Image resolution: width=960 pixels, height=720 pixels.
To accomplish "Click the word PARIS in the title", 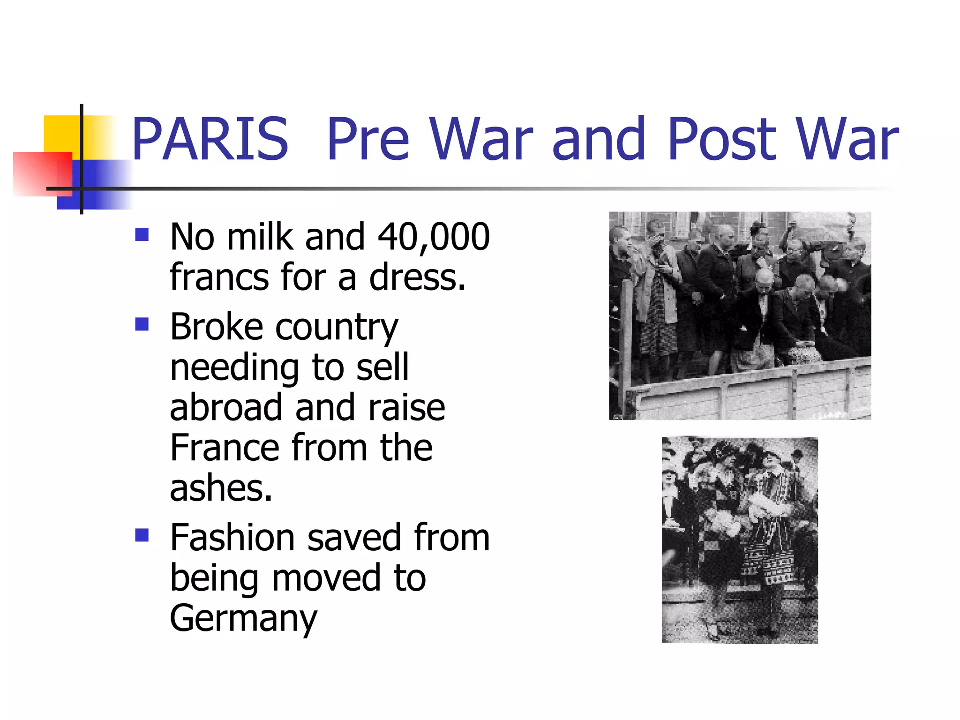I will [x=210, y=139].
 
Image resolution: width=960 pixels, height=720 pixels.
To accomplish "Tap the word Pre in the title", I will [x=368, y=139].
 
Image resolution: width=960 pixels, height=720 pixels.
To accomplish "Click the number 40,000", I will [x=434, y=237].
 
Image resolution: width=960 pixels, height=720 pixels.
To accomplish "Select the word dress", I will [x=417, y=277].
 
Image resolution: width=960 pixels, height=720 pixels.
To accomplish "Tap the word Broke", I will [x=217, y=327].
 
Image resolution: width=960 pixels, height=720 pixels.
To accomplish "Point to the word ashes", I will [x=221, y=488].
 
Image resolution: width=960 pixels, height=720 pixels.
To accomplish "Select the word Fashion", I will [x=232, y=538].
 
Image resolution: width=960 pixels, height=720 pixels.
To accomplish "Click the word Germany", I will [x=243, y=619].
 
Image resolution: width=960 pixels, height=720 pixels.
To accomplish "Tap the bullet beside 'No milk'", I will [x=142, y=234].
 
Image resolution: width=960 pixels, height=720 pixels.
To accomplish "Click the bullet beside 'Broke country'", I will [x=142, y=324].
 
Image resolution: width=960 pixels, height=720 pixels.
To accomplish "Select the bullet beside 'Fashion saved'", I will [x=142, y=535].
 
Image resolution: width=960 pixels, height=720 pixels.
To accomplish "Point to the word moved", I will [x=326, y=578].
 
